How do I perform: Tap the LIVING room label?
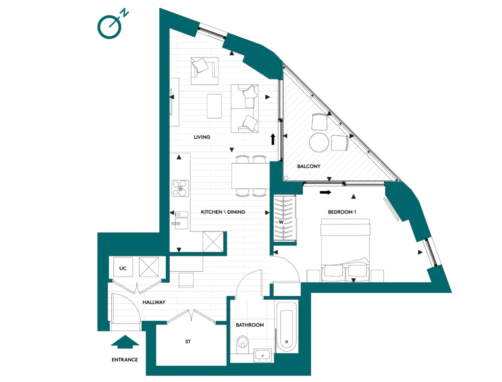201,137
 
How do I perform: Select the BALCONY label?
309,166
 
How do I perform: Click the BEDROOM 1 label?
342,212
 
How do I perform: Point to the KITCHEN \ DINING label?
223,212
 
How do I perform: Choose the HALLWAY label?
153,302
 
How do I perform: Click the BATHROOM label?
250,325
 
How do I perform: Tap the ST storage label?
188,342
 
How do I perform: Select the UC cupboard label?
123,268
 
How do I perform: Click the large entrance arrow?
125,342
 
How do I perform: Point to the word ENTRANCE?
125,359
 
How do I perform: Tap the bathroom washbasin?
263,356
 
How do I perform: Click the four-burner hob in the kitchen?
180,188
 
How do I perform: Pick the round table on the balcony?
319,143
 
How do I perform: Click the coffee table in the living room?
214,106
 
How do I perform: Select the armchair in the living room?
204,71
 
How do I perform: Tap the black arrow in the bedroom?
326,192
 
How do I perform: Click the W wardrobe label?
281,222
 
